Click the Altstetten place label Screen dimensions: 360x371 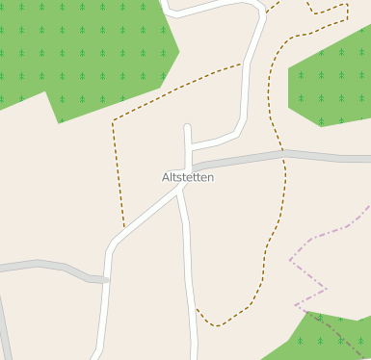(187, 178)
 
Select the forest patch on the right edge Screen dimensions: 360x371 (332, 87)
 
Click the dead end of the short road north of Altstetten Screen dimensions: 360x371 (188, 127)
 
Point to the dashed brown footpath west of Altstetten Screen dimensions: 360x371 (116, 173)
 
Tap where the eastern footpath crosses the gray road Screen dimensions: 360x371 (283, 152)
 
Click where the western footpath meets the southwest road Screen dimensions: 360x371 (125, 229)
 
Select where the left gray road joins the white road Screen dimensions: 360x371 (108, 280)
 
